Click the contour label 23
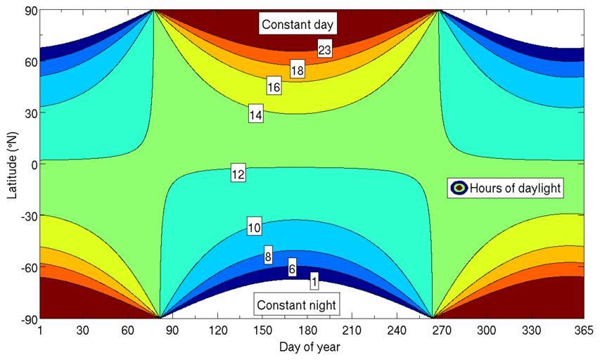pyautogui.click(x=324, y=49)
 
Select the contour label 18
pyautogui.click(x=297, y=70)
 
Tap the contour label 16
pyautogui.click(x=274, y=87)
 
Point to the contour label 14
pyautogui.click(x=255, y=115)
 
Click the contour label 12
pyautogui.click(x=238, y=174)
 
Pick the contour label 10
pyautogui.click(x=255, y=227)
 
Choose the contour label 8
pyautogui.click(x=268, y=257)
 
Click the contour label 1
pyautogui.click(x=314, y=281)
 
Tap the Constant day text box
pyautogui.click(x=297, y=25)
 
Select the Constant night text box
pyautogui.click(x=296, y=305)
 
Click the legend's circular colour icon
pyautogui.click(x=459, y=188)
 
